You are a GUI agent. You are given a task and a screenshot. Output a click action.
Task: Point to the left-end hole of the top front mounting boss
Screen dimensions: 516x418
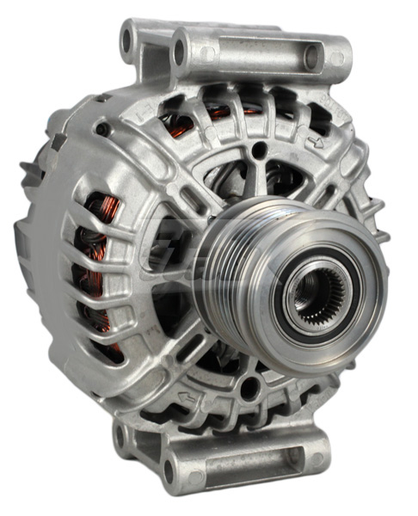(x=180, y=52)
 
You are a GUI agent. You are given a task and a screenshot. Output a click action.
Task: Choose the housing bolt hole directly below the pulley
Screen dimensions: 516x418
(x=250, y=388)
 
